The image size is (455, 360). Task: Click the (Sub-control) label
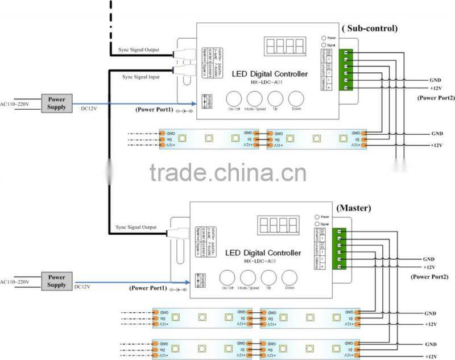369,28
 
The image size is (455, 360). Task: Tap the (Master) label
354,208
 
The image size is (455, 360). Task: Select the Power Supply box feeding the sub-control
57,103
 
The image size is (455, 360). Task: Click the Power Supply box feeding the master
57,281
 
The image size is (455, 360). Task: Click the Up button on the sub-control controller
276,98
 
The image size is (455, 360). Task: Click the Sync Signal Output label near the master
136,227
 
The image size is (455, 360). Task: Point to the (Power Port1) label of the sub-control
154,109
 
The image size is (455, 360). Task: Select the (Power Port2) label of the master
429,276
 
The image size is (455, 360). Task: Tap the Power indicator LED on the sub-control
324,38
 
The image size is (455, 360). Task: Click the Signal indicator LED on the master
317,224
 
